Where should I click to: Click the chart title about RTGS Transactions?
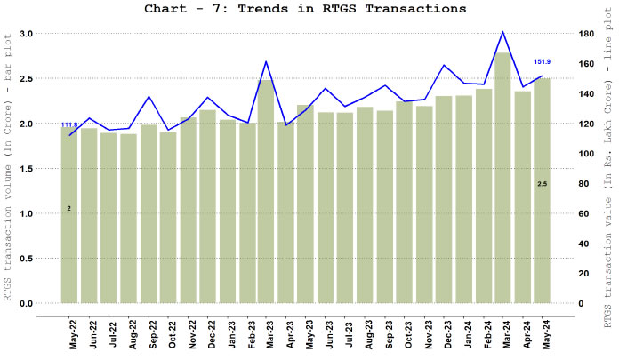pos(304,9)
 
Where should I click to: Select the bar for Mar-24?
pos(503,178)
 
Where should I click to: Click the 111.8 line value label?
pos(68,124)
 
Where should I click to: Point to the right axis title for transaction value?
pos(610,169)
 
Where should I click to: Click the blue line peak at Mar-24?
pos(503,32)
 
